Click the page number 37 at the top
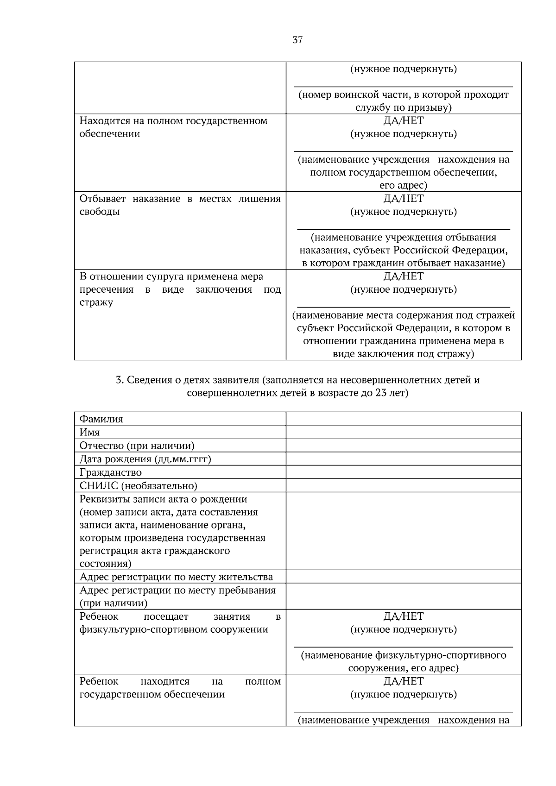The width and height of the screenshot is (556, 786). (x=297, y=40)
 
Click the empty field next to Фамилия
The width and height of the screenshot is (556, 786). (x=403, y=419)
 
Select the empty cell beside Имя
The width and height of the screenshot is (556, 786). (x=403, y=432)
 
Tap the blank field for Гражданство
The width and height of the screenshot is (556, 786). (x=403, y=472)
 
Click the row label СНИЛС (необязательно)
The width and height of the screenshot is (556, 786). (x=138, y=486)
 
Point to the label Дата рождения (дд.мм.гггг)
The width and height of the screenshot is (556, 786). (x=145, y=459)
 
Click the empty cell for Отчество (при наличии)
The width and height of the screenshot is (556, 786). (x=403, y=446)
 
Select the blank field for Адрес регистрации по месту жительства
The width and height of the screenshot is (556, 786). (x=403, y=577)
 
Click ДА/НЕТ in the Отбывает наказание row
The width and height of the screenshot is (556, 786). (x=403, y=199)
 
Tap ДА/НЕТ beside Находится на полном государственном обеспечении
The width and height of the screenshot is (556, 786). (x=403, y=121)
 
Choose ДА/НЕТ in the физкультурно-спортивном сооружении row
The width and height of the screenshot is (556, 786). (x=403, y=616)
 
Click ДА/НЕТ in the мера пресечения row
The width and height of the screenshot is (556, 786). (x=403, y=277)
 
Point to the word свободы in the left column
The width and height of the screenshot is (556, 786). (x=100, y=212)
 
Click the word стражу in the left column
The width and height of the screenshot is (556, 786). (x=96, y=302)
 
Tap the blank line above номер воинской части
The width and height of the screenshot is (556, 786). (x=403, y=86)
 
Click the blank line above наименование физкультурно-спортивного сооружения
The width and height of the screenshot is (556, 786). (x=403, y=646)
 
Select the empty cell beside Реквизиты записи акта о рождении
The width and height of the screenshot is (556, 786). (x=403, y=531)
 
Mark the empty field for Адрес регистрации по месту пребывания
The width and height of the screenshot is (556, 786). (x=403, y=596)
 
